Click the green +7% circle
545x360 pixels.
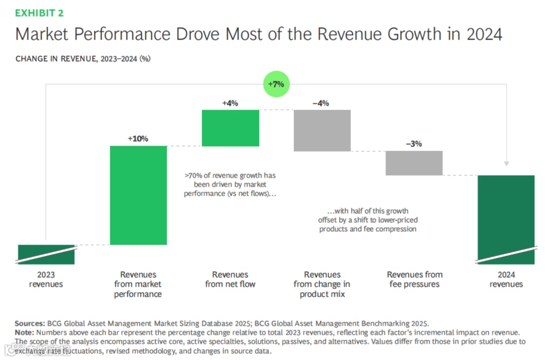click(x=276, y=84)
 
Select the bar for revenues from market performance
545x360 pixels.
click(x=139, y=195)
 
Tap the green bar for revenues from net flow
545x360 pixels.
click(x=230, y=128)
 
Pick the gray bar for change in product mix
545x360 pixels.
click(x=322, y=130)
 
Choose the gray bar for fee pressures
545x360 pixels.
click(x=414, y=163)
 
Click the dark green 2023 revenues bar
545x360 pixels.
click(x=46, y=254)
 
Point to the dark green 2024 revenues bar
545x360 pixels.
click(x=506, y=219)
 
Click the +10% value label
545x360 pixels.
click(x=138, y=138)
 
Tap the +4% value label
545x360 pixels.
click(x=230, y=103)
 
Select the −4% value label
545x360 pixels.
click(x=321, y=103)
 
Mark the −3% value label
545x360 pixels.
click(x=414, y=143)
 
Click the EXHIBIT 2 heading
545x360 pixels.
click(x=39, y=13)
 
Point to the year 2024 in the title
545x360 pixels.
click(x=484, y=35)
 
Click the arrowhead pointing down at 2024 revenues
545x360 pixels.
click(x=507, y=164)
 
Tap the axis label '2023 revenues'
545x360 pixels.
click(x=46, y=279)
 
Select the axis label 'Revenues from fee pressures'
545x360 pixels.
click(x=414, y=279)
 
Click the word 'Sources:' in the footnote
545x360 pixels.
click(x=30, y=324)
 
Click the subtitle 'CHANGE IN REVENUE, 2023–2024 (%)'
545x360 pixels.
click(x=83, y=59)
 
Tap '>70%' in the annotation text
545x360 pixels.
click(x=193, y=176)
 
